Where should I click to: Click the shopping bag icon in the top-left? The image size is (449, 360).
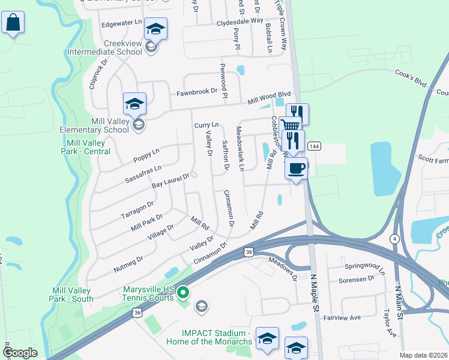point(13,23)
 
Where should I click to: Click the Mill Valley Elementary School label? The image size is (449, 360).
point(94,125)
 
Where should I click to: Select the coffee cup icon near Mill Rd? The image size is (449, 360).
point(295,169)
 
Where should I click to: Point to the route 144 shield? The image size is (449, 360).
point(313,146)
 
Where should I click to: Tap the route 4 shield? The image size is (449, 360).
point(394,239)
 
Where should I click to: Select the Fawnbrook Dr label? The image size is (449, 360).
point(196,92)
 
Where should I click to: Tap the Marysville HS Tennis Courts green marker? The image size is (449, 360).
point(184,293)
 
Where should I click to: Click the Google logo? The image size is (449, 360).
point(20,353)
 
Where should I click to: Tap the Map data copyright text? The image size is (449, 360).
point(423,355)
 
